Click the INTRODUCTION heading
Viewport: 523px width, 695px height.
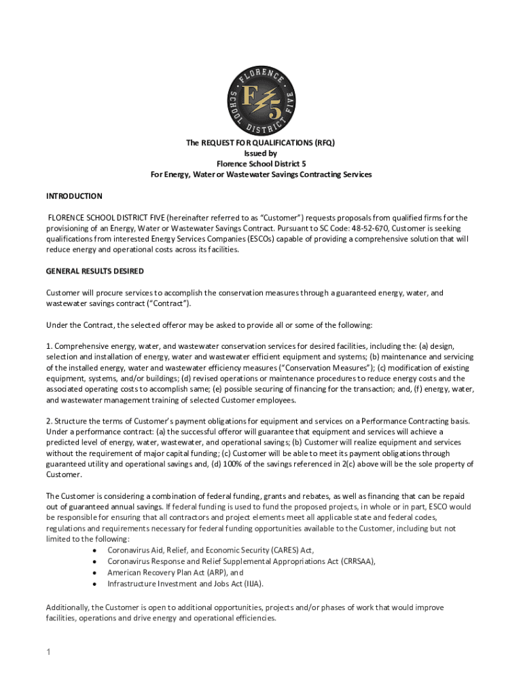click(x=74, y=196)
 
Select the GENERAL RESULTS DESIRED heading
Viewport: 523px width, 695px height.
click(x=94, y=271)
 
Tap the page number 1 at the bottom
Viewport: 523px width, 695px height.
click(x=49, y=653)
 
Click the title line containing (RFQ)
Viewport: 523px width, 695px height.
click(x=261, y=143)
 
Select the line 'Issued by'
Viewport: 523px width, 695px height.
click(x=261, y=153)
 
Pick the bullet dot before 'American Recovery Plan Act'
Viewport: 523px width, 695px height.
click(x=93, y=572)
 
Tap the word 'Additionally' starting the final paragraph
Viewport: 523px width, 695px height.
click(x=66, y=607)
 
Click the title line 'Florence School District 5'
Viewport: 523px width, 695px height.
click(x=261, y=164)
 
